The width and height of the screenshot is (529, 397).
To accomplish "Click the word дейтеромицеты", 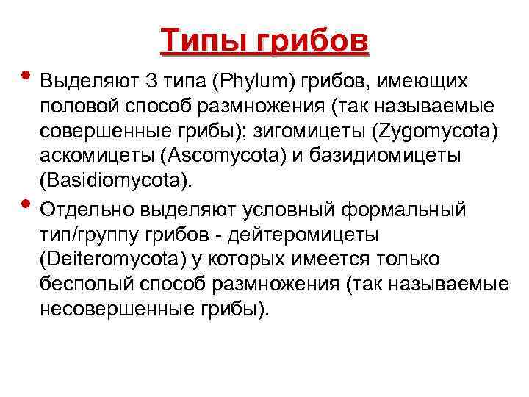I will pyautogui.click(x=305, y=235).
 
